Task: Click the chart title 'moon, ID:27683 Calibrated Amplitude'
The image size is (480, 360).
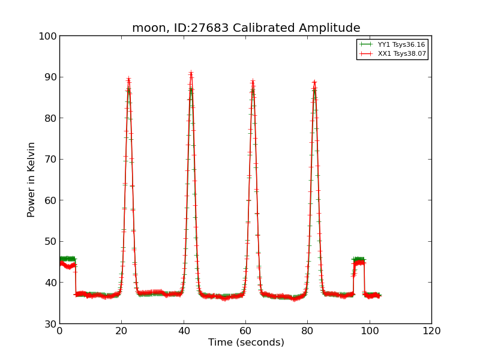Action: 246,28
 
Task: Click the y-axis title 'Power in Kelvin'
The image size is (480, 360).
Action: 32,179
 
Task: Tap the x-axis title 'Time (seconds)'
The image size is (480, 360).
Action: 246,343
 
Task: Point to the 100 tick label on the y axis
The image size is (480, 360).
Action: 50,36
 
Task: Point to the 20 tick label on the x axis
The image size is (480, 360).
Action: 122,331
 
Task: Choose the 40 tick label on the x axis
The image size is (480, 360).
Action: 184,331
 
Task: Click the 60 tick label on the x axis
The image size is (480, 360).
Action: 245,331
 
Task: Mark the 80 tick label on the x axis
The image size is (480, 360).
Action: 308,331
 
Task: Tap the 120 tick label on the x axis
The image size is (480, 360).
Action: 431,331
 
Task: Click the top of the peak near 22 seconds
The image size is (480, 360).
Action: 128,79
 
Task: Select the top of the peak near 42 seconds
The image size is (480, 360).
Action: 191,73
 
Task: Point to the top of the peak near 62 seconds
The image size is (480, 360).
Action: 253,81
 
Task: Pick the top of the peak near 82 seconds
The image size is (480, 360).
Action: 314,82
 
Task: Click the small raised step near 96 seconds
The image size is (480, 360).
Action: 359,261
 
